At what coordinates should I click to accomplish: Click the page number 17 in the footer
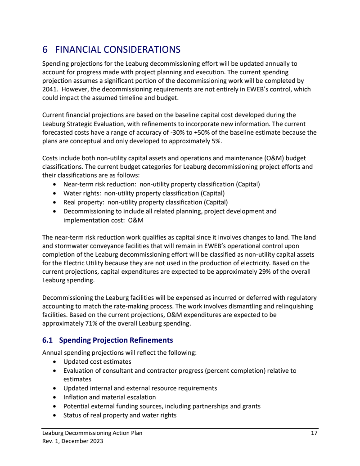(315, 433)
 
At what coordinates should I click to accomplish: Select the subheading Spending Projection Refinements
(116, 340)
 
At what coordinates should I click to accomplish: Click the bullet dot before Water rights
(54, 193)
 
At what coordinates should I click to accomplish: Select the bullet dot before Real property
(54, 202)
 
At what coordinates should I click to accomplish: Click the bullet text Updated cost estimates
(97, 362)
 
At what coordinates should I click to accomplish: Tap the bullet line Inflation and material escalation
(109, 397)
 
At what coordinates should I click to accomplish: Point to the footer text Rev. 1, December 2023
(72, 441)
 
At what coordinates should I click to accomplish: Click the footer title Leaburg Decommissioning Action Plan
(92, 433)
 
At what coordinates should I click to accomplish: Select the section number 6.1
(48, 340)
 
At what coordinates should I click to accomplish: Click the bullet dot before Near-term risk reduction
(54, 184)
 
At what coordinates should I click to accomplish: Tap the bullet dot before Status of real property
(54, 415)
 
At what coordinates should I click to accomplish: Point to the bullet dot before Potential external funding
(54, 406)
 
